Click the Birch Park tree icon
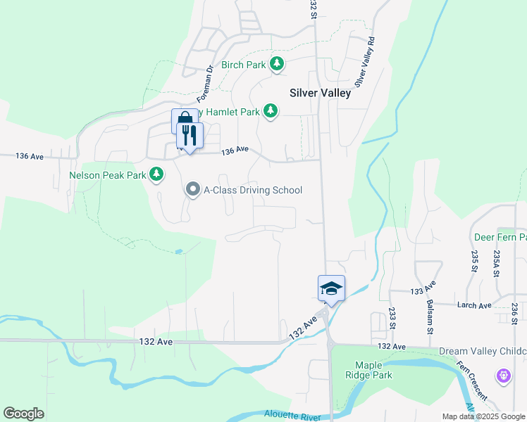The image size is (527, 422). point(278,65)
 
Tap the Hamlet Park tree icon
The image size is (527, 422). point(270,110)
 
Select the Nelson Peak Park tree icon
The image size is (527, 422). point(156,174)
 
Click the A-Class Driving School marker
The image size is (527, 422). point(192,190)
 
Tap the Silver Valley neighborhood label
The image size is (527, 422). point(320,93)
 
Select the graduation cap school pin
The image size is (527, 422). point(331,288)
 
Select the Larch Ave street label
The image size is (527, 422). point(475,305)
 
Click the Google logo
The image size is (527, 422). point(23,414)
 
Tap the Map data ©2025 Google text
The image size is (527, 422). point(483,416)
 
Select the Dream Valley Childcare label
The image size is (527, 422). point(483,351)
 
